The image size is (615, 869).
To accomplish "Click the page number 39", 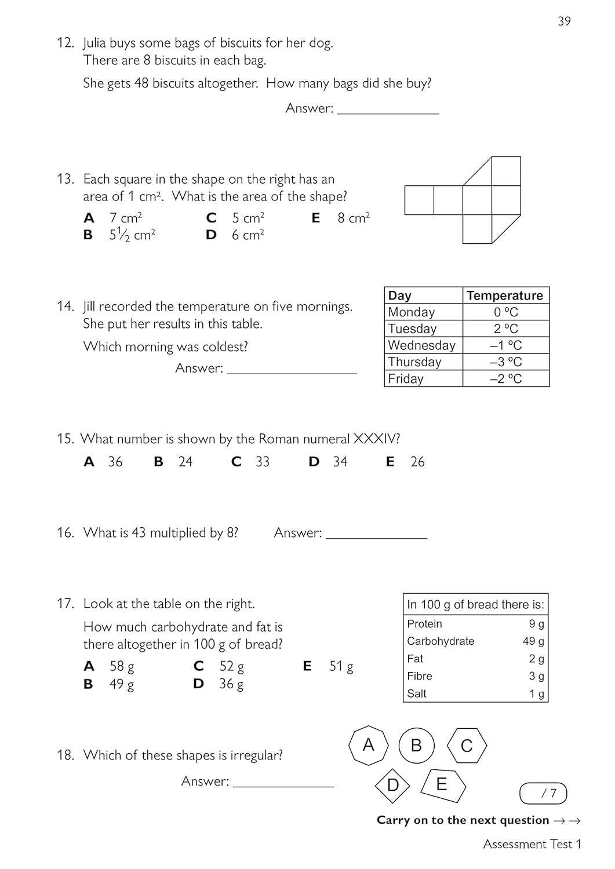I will [x=564, y=21].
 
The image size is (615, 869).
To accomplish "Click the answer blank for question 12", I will [x=388, y=108].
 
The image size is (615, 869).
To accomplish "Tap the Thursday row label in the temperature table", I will [x=414, y=362].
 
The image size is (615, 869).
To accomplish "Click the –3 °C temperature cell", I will [x=505, y=362].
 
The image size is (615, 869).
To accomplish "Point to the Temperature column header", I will [x=505, y=295].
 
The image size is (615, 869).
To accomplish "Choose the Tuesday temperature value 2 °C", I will [x=505, y=328].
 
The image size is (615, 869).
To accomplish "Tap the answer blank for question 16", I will [x=376, y=533].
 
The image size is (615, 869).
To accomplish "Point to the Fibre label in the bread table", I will [x=420, y=676].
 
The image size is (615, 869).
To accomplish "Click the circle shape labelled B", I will [x=416, y=745].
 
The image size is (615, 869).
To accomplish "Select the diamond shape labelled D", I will [x=392, y=785].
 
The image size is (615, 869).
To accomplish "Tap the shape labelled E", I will [x=443, y=785].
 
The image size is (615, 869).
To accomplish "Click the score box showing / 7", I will [x=543, y=793].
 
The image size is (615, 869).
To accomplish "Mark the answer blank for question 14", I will [x=292, y=368].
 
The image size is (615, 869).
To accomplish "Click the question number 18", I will [x=65, y=755].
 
